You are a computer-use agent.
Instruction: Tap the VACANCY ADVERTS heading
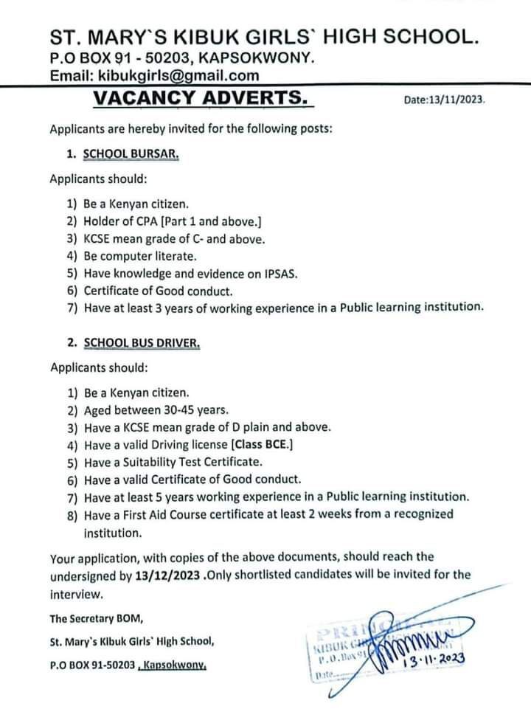198,97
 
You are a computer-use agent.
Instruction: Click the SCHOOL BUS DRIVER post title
142,345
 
